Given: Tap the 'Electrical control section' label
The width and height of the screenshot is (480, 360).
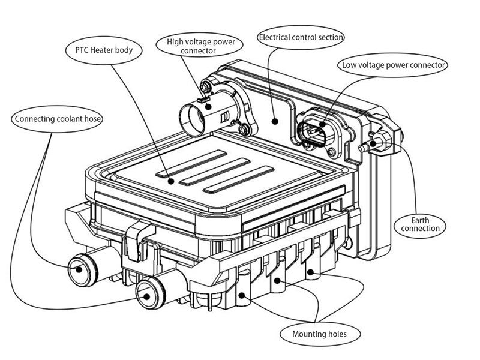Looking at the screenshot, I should point(301,37).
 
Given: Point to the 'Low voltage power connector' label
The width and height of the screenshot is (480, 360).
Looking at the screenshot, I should point(394,64).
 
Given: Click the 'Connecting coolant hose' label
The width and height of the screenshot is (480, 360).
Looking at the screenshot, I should point(57,118).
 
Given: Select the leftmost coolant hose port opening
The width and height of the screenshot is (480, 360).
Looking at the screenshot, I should point(78,269).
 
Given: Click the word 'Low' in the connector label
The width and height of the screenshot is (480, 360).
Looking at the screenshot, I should point(350,64).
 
